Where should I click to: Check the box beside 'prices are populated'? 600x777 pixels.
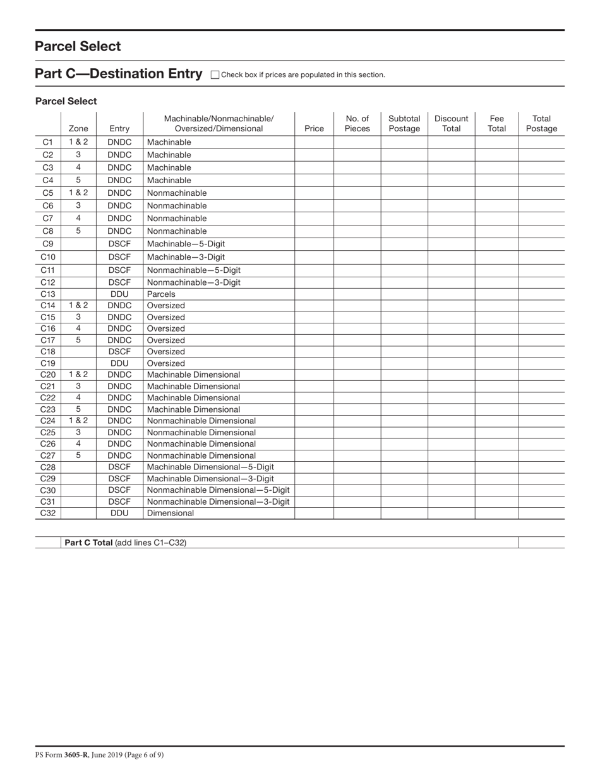215,75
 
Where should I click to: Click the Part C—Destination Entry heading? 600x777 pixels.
118,74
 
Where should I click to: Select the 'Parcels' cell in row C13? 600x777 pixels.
161,294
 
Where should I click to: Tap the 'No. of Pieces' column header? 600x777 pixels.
357,123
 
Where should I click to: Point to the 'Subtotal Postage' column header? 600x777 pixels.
404,123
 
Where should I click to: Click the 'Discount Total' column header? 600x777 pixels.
451,123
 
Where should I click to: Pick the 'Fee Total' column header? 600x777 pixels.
496,123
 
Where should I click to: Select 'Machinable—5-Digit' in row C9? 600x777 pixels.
186,244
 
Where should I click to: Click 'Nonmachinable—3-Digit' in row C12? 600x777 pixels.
193,282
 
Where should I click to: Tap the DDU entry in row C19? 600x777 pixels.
119,363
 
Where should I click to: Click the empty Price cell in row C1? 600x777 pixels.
314,142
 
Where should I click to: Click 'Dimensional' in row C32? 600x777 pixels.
171,513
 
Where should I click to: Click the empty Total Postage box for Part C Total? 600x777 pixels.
541,543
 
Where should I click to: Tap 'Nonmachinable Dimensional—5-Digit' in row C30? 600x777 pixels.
218,490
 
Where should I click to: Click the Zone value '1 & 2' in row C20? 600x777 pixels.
78,375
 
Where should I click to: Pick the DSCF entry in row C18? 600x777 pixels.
119,352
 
